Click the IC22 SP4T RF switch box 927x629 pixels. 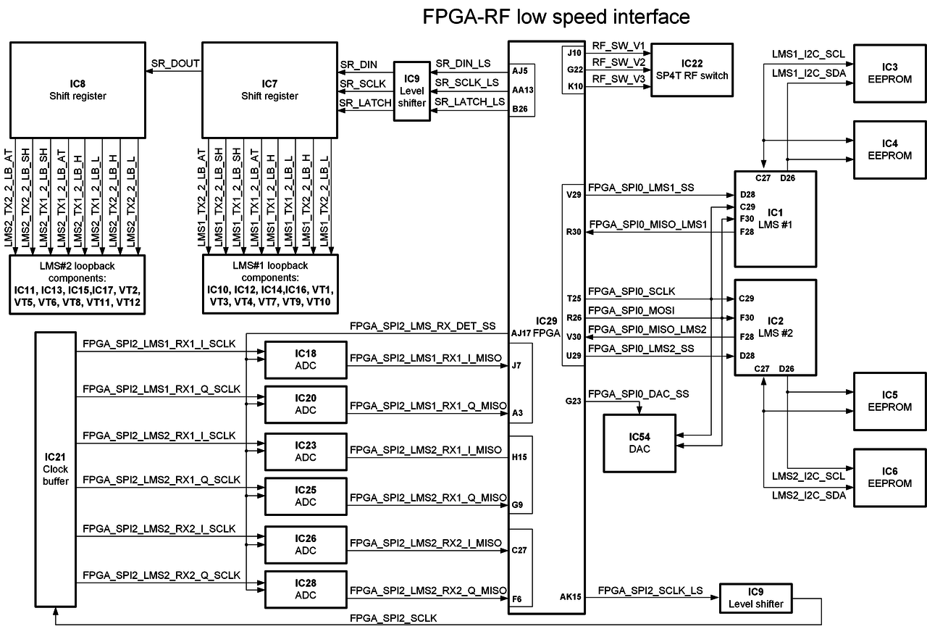pos(692,70)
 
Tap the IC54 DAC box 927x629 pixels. pos(639,443)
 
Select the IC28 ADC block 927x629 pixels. pos(306,588)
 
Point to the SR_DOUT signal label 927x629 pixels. pos(175,63)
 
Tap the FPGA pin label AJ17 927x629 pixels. pos(522,333)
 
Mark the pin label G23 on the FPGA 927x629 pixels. pos(574,400)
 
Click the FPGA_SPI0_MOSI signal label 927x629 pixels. pos(632,310)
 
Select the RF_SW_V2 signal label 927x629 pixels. pos(618,62)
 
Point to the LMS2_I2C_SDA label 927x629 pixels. pos(808,495)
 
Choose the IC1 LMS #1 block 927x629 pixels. pos(775,218)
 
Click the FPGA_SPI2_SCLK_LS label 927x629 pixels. pos(651,591)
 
